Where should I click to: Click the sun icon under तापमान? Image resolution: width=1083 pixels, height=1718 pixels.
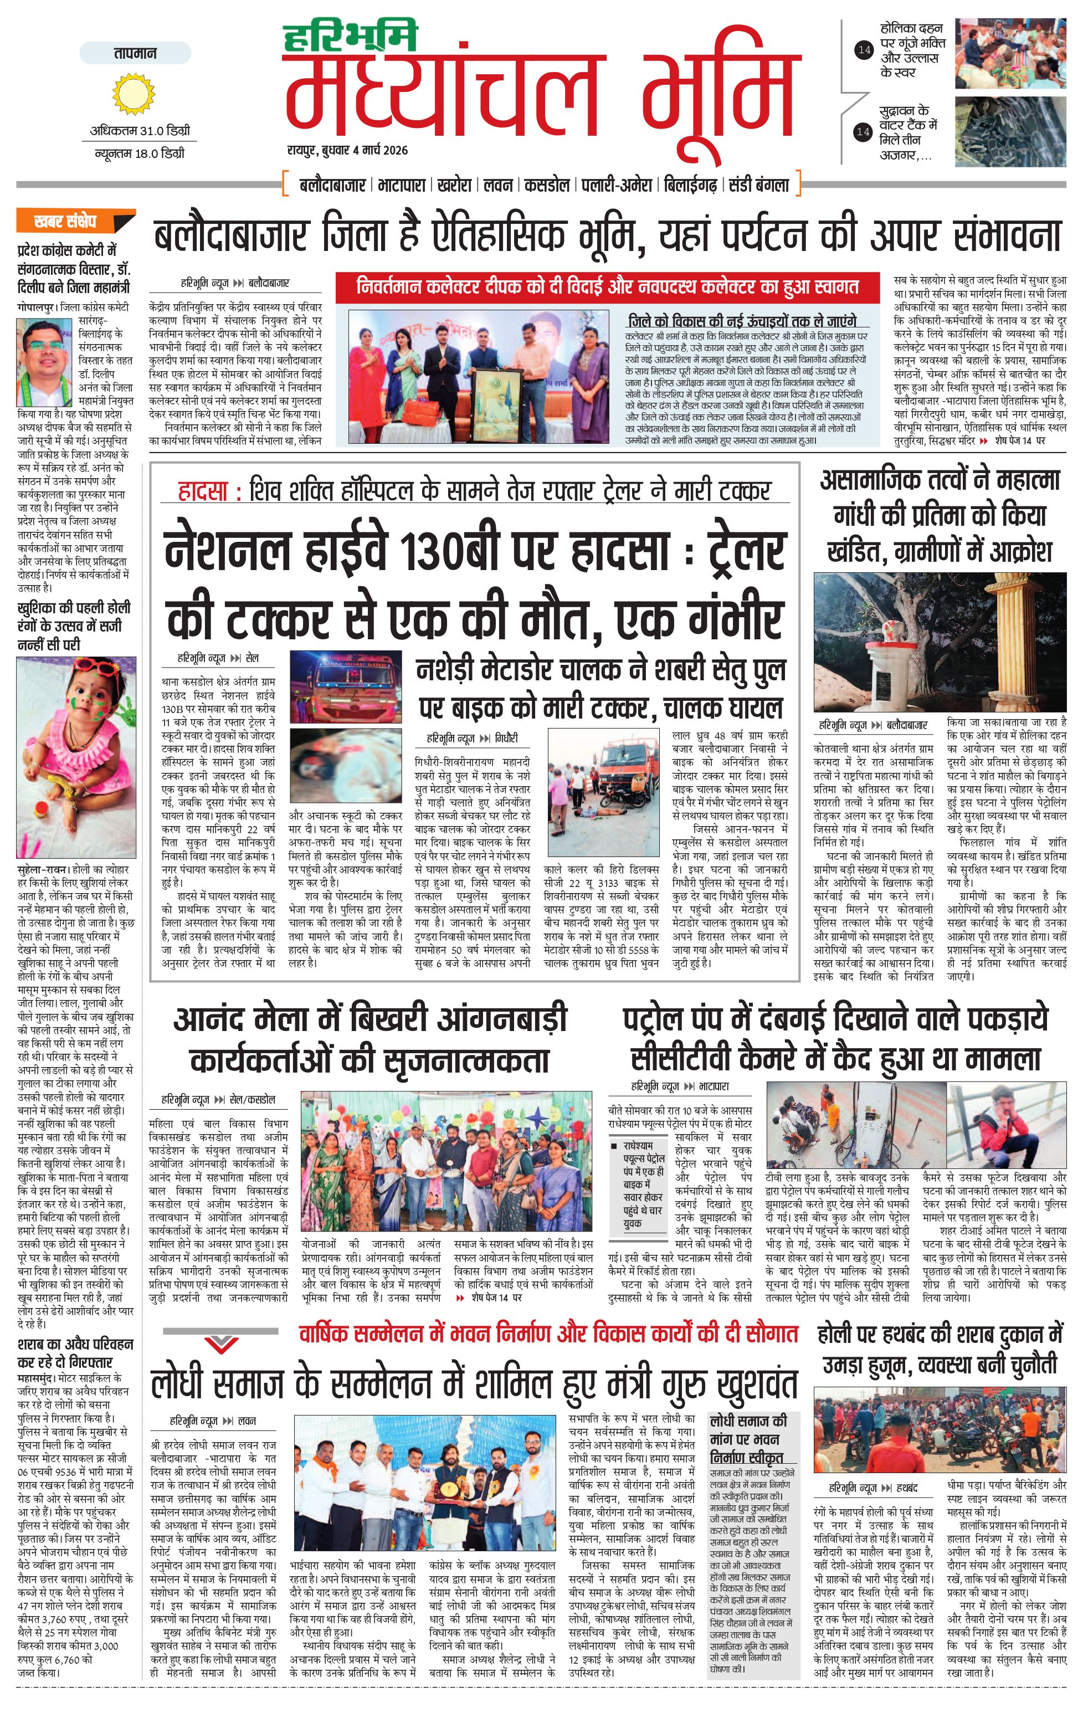pos(134,94)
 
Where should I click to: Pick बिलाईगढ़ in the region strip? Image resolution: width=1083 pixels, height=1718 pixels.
pos(690,186)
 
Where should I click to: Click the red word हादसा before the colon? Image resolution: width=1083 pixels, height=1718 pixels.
pos(203,491)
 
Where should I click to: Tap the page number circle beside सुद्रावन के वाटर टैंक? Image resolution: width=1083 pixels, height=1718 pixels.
pos(864,131)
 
